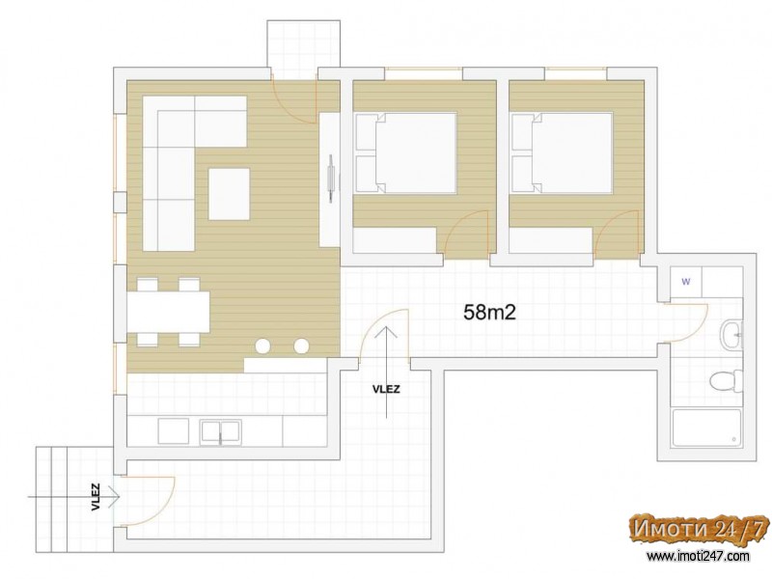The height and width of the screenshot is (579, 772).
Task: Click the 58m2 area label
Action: point(490,312)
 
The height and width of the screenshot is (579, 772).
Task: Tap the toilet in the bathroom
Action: point(727,380)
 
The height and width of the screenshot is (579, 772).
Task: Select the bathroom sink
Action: point(731,335)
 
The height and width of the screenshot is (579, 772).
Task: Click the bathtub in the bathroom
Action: point(706,427)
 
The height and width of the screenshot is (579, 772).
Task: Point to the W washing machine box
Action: point(686,282)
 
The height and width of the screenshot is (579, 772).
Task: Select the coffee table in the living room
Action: point(229,194)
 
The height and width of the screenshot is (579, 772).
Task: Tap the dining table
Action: point(168,312)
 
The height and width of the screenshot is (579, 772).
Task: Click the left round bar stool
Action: point(262,346)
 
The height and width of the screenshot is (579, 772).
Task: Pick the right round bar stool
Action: point(301,346)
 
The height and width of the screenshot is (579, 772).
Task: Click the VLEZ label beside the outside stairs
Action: point(96,497)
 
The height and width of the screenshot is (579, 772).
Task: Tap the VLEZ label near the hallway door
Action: point(387,390)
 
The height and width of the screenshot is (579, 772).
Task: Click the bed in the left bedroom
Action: point(406,152)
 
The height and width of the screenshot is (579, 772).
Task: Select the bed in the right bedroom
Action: point(563,152)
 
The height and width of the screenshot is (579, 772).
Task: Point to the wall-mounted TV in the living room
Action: point(332,178)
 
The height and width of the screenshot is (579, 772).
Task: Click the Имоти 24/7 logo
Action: point(699,530)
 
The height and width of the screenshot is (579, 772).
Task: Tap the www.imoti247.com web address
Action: point(698,557)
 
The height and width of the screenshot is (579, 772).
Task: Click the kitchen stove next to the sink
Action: point(174,431)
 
